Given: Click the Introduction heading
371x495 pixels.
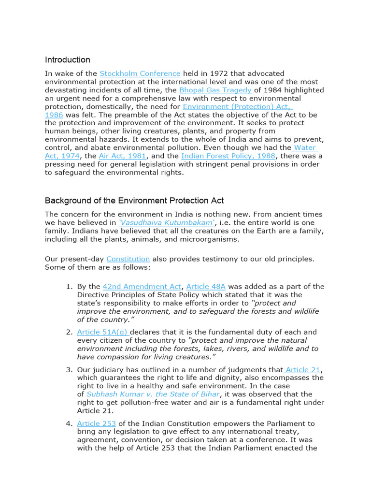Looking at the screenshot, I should pos(68,60).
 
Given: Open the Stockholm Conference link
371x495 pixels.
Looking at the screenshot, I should pos(140,73).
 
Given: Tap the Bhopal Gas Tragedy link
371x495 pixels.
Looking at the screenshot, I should pos(215,90).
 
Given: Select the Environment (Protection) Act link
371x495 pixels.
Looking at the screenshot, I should pos(238,106).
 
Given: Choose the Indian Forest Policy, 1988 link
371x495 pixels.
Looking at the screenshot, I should pos(228,156).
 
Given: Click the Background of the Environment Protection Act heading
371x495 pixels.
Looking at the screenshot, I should pos(134,201).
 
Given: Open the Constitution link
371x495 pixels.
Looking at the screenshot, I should pos(128,259).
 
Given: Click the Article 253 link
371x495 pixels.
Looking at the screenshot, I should pos(96,423).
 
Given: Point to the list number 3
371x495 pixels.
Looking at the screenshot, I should pos(69,370).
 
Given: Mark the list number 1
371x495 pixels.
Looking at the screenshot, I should pos(69,287).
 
